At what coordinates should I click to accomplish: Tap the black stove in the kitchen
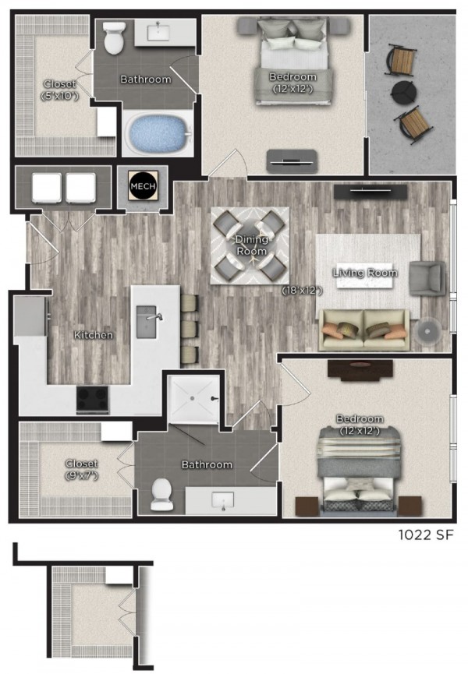pyautogui.click(x=94, y=401)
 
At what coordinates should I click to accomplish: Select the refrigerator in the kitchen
pyautogui.click(x=30, y=316)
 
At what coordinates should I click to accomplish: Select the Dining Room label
pyautogui.click(x=251, y=245)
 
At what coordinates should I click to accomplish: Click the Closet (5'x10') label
pyautogui.click(x=58, y=90)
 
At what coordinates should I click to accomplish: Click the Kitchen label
pyautogui.click(x=94, y=335)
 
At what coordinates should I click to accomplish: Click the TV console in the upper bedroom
pyautogui.click(x=292, y=161)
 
